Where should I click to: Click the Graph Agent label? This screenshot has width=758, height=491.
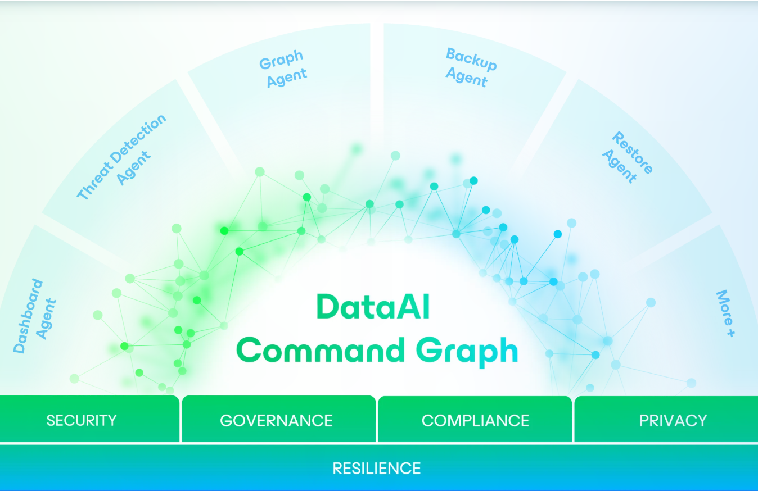point(283,69)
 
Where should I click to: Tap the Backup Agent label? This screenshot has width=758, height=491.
point(471,67)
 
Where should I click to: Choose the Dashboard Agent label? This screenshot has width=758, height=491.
point(34,316)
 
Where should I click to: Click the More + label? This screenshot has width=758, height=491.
point(726,313)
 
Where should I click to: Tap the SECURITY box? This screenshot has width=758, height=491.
point(89,419)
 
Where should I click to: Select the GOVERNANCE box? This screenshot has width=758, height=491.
point(278,419)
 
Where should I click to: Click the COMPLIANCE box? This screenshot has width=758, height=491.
point(475,419)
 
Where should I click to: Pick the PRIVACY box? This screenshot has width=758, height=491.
point(666,419)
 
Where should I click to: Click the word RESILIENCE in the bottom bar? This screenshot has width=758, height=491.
point(377,469)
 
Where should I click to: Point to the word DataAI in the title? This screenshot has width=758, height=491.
point(373,307)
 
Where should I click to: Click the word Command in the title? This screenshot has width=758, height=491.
point(320,351)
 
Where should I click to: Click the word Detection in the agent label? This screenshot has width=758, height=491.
point(138,139)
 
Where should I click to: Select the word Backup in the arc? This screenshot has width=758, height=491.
point(472,59)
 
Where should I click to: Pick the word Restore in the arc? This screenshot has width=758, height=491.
point(633,152)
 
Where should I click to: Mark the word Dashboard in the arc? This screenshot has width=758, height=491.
point(28,316)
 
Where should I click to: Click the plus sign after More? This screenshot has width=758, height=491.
point(730,333)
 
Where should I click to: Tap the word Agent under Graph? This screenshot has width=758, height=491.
point(287,78)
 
